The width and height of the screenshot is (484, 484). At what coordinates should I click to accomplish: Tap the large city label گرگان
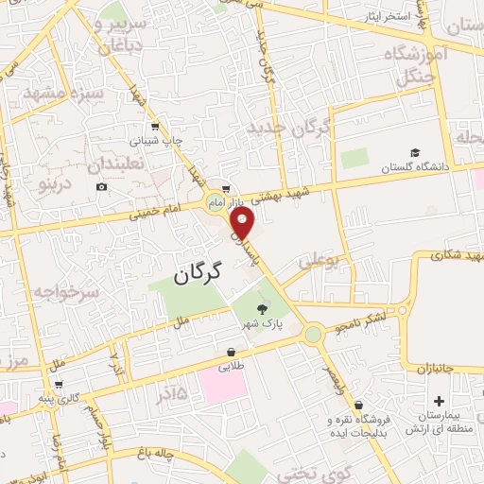[x=197, y=273]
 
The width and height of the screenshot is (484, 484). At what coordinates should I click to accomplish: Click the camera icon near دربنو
[x=102, y=187]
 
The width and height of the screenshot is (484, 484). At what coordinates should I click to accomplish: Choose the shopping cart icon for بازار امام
[x=224, y=187]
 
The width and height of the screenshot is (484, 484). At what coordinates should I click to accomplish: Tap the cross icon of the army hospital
[x=439, y=376]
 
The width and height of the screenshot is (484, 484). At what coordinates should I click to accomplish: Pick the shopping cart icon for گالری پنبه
[x=60, y=385]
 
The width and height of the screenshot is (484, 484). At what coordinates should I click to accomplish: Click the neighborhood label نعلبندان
[x=120, y=164]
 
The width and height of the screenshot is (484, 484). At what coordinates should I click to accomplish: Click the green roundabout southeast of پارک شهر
[x=313, y=334]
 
